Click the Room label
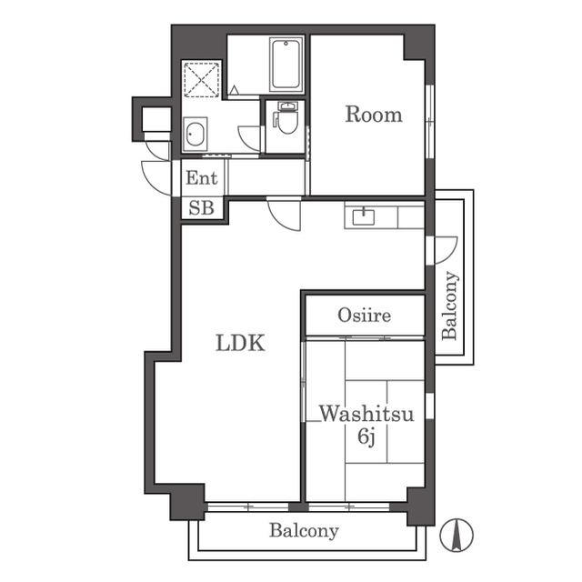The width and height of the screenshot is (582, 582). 374,115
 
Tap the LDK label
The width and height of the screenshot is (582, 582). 240,343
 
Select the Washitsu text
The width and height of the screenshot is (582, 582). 366,414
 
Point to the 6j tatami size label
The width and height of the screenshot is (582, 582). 366,436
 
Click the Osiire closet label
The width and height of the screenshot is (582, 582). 364,316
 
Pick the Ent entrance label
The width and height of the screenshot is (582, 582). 202,178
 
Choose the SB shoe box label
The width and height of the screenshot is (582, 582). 202,208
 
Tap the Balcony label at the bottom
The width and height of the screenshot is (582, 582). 304,531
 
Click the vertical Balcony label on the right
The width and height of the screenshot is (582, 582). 449,306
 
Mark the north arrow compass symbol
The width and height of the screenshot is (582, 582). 457,535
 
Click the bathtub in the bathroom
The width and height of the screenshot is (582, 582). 286,65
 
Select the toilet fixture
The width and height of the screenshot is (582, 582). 286,117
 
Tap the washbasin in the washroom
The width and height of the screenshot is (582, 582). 196,134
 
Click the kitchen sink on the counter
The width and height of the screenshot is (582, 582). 364,216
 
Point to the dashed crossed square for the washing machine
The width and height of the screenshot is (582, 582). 202,80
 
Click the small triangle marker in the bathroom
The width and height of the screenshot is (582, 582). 234,90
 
